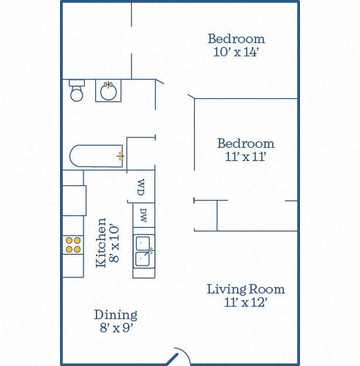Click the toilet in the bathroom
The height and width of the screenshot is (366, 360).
[x=77, y=90]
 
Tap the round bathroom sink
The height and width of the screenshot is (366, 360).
[x=108, y=91]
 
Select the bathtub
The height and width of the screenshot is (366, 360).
[x=97, y=156]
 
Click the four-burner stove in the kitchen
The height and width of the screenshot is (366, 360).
[x=73, y=244]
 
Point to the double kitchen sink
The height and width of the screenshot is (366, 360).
[x=143, y=251]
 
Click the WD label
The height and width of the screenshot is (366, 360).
[x=141, y=187]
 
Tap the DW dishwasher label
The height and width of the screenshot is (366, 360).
[x=143, y=215]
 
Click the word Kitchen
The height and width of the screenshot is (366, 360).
[x=101, y=243]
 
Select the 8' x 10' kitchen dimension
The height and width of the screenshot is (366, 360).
[x=114, y=243]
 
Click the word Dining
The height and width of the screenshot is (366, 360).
[x=116, y=315]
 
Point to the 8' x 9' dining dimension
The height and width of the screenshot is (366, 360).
[x=116, y=328]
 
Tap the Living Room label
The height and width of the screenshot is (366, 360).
[x=246, y=289]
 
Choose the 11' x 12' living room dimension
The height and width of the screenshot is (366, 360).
[x=246, y=302]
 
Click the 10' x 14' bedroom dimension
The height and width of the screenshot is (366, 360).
[x=236, y=52]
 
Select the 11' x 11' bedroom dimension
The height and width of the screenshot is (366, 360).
[x=245, y=157]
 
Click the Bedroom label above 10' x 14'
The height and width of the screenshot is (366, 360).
[x=236, y=39]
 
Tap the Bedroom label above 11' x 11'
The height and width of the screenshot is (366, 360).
[x=246, y=143]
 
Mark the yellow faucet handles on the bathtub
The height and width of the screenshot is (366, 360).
[x=121, y=156]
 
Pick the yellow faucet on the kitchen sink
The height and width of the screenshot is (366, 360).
[x=151, y=250]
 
